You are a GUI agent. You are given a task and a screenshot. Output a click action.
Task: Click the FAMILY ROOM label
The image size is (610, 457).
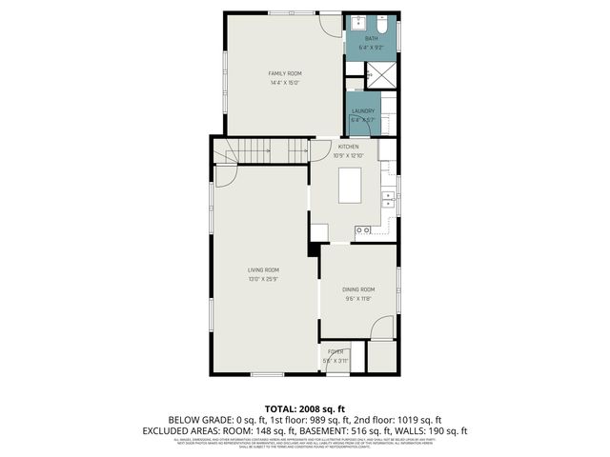[283, 73]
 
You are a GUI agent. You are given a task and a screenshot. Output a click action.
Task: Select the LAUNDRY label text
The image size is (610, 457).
[362, 111]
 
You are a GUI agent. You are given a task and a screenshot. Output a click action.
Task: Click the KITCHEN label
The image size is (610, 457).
[348, 147]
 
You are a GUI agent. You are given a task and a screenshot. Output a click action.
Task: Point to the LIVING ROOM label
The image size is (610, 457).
[263, 270]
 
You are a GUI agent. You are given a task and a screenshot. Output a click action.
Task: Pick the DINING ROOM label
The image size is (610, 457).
[358, 289]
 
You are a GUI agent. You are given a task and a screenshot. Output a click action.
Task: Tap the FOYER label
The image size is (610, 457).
[335, 351]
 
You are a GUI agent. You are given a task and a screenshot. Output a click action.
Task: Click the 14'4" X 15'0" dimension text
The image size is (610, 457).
[283, 83]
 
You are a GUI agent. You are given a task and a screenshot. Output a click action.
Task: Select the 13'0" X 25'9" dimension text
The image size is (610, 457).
[263, 280]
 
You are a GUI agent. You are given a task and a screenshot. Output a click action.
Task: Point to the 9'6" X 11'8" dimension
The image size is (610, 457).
[358, 299]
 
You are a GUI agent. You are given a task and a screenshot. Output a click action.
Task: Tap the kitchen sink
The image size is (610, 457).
[387, 198]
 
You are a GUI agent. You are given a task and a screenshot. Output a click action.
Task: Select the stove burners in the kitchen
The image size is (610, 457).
[363, 229]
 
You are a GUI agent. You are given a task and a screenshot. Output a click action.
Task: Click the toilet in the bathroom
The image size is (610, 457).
[385, 23]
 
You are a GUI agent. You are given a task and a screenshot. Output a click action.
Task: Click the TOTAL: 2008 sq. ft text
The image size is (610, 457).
[304, 407]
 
